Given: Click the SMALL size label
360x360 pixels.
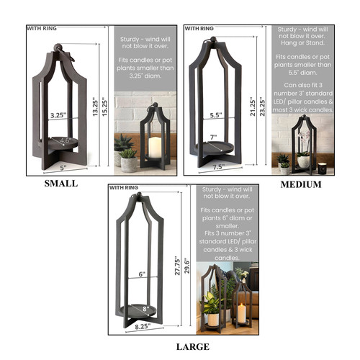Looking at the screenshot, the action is [x=61, y=184].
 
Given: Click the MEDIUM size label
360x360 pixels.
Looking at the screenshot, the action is [x=301, y=184].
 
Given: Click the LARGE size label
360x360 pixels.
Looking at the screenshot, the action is [x=193, y=347].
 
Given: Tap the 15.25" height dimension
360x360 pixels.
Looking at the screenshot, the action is [x=105, y=107].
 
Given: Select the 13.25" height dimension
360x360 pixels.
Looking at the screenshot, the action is [x=96, y=107].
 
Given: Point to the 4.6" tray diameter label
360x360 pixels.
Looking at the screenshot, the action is [x=65, y=140].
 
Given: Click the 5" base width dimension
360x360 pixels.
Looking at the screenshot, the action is [x=63, y=167].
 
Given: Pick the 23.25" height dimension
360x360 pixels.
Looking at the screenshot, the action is [x=263, y=107].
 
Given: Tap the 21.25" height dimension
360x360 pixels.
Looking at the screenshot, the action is [x=253, y=107].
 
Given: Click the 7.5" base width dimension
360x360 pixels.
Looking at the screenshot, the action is [x=219, y=166].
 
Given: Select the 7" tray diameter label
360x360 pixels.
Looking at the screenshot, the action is [x=213, y=138].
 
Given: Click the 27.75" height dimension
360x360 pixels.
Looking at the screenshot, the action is [x=177, y=265].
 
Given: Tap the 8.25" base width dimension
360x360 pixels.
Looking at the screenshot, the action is [x=143, y=326].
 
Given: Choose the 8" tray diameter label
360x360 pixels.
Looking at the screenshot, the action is [x=145, y=308].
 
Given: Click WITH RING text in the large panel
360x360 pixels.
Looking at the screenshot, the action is [x=124, y=187].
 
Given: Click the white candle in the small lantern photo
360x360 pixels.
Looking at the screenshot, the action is [x=155, y=148].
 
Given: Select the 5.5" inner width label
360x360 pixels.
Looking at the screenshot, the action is [x=216, y=115].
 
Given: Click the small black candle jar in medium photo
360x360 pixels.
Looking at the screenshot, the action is [x=323, y=168].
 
